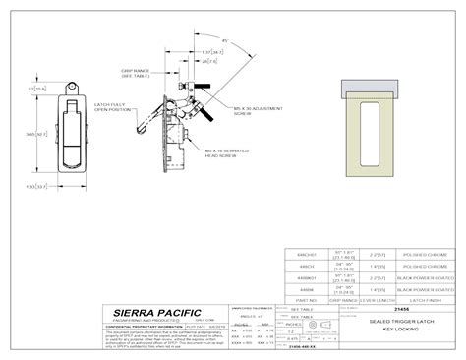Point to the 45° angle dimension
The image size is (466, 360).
click(225, 39)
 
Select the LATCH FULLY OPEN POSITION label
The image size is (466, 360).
click(112, 106)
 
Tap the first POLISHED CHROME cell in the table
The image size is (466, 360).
click(424, 252)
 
